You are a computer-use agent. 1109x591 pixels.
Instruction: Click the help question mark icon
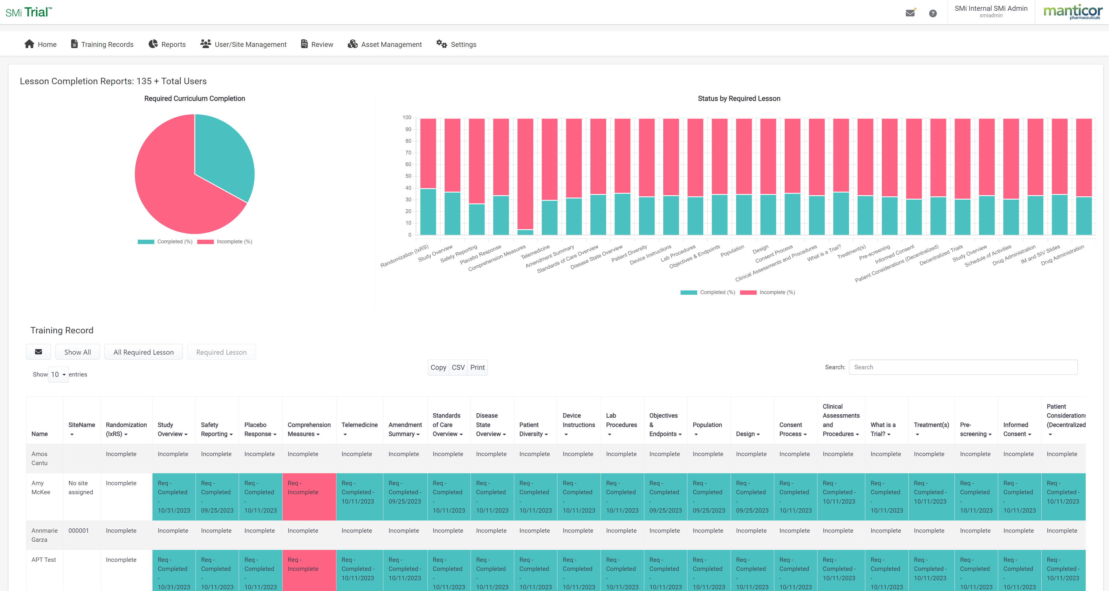pyautogui.click(x=933, y=13)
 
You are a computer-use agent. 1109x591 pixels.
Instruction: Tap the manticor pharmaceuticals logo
pyautogui.click(x=1072, y=12)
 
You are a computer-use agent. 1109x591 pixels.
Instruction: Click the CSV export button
pyautogui.click(x=458, y=367)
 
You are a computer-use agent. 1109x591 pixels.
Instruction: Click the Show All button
pyautogui.click(x=78, y=352)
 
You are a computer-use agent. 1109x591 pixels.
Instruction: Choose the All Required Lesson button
pyautogui.click(x=143, y=352)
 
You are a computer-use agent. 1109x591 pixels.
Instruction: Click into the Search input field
pyautogui.click(x=963, y=367)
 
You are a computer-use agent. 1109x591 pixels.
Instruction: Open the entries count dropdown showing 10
pyautogui.click(x=58, y=374)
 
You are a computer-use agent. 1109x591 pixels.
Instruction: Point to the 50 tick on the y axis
pyautogui.click(x=407, y=176)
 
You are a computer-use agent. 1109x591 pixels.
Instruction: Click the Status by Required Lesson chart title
pyautogui.click(x=739, y=98)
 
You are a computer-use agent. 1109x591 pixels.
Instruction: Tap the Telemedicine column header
pyautogui.click(x=359, y=425)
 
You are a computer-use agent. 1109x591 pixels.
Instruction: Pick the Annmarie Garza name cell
pyautogui.click(x=44, y=535)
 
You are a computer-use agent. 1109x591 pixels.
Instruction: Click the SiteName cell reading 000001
pyautogui.click(x=78, y=531)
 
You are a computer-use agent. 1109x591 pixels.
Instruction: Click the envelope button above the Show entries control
pyautogui.click(x=38, y=352)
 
